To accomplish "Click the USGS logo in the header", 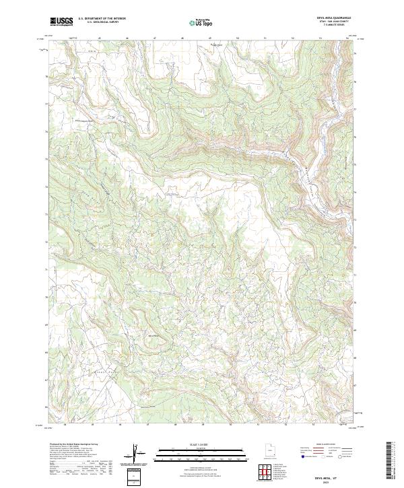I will (x=61, y=22).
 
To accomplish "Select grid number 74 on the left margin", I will (x=46, y=186).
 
